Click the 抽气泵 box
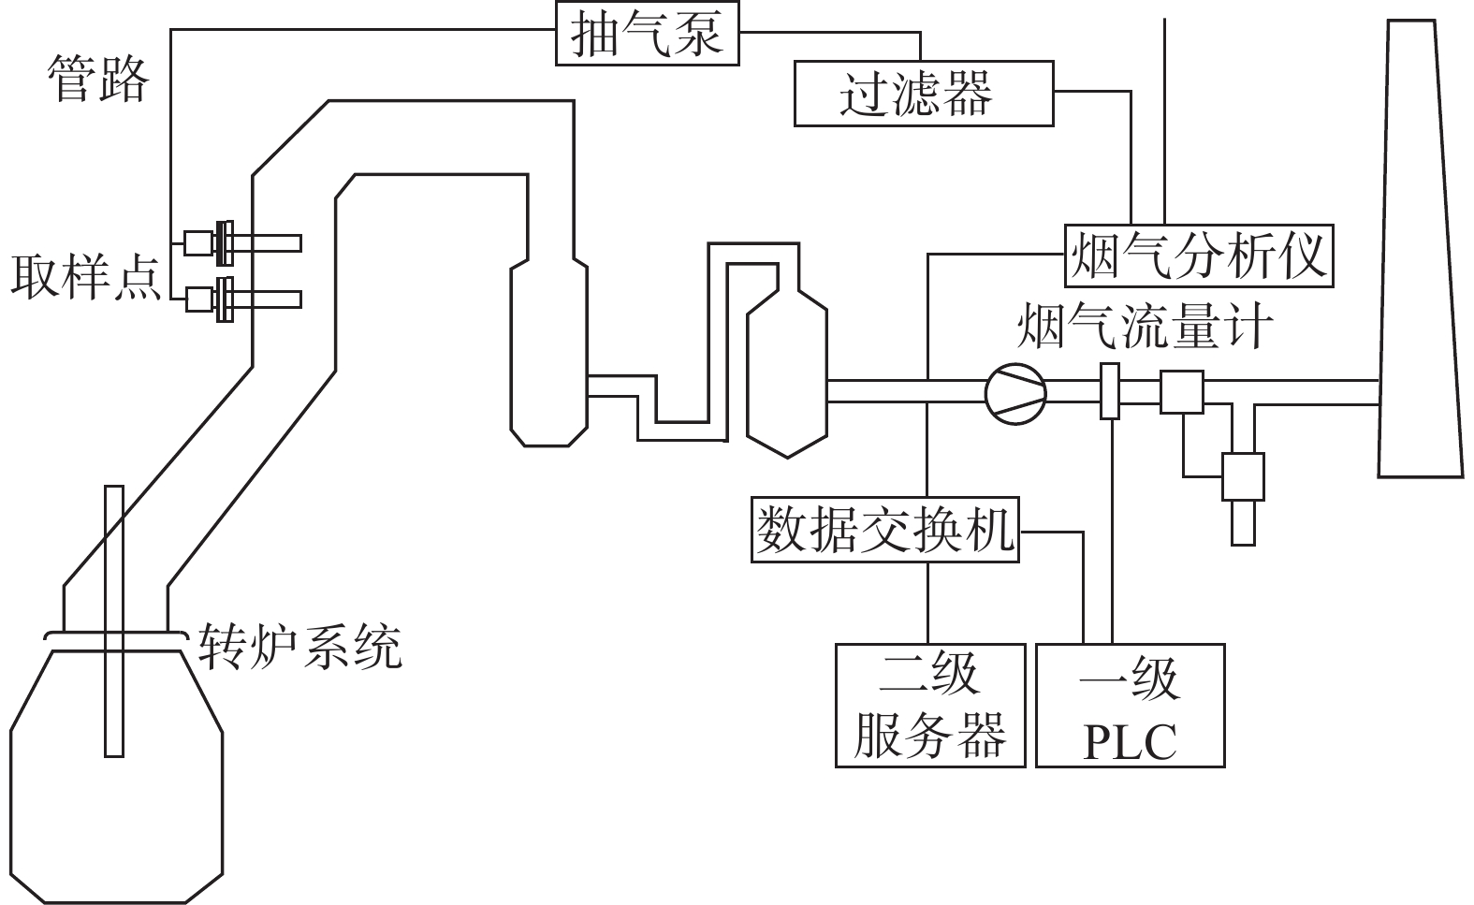point(648,34)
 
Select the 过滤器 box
point(924,94)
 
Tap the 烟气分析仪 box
point(1199,256)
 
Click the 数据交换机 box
point(885,530)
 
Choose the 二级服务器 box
point(930,706)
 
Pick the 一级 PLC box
point(1131,706)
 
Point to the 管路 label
point(98,79)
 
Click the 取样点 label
point(85,277)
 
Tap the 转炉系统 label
point(300,647)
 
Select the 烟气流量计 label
point(1145,326)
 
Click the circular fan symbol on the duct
point(1015,394)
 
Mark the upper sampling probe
point(242,243)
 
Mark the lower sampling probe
point(242,299)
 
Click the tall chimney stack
point(1420,248)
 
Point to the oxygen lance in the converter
point(114,621)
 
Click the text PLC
point(1130,743)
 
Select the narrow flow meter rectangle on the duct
point(1109,391)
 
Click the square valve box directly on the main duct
point(1181,392)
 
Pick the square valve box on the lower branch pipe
point(1243,476)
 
